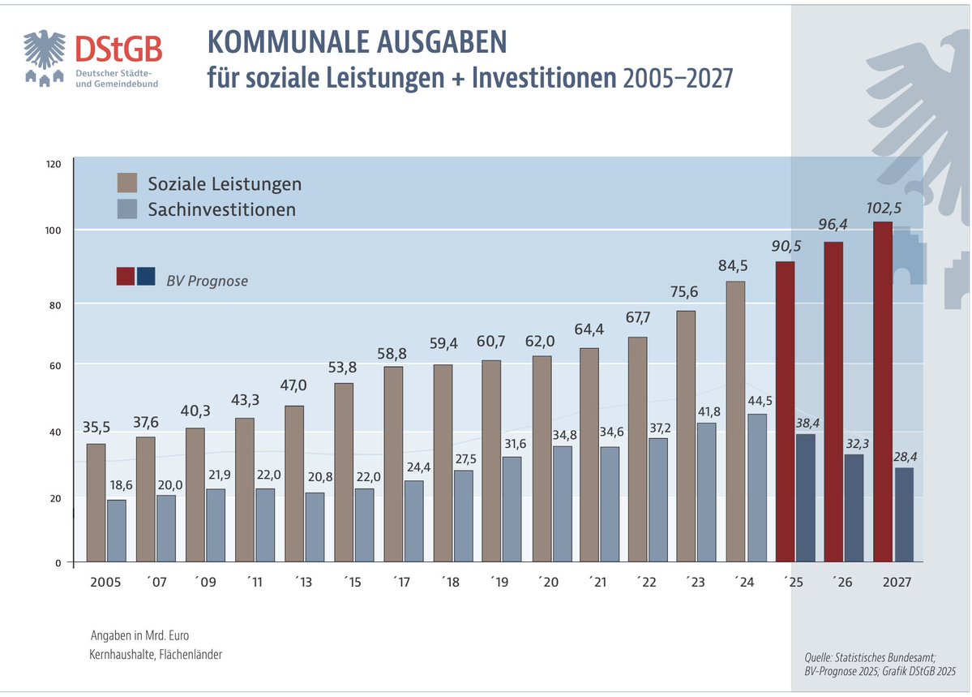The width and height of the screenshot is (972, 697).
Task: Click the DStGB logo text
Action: tap(118, 50)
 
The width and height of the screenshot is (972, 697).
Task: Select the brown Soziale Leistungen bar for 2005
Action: tap(96, 502)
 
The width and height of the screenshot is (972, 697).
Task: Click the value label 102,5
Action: tap(883, 208)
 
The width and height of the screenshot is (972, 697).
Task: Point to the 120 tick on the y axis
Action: tap(54, 164)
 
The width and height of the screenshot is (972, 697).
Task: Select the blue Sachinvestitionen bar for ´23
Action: tap(706, 492)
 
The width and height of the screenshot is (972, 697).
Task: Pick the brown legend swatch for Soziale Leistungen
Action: tap(126, 183)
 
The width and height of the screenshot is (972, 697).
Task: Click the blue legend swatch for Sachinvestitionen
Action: tap(126, 209)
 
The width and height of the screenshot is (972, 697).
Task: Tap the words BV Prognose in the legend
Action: tap(207, 282)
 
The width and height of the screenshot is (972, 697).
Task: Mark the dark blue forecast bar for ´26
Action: tap(854, 507)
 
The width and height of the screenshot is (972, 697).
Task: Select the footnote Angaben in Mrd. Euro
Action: tap(139, 635)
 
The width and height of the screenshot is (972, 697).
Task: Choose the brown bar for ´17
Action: tap(393, 463)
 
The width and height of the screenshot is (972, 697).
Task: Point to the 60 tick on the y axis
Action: tap(55, 365)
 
